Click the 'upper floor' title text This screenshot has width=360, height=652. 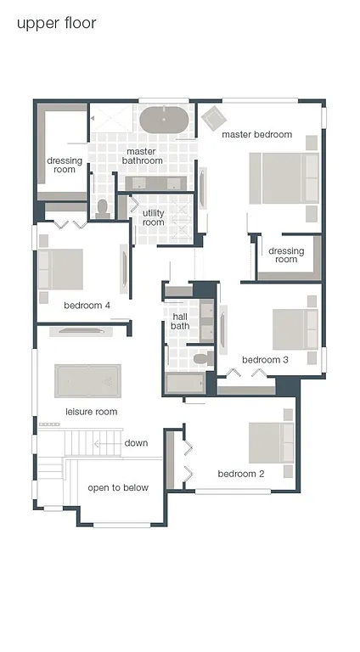[x=56, y=23]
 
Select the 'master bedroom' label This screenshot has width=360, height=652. [x=256, y=134]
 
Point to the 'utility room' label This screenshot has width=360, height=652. [x=153, y=217]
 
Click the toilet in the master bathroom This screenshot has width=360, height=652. [x=103, y=208]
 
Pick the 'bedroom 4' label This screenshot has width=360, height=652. [x=87, y=306]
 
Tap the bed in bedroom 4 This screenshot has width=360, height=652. [x=60, y=268]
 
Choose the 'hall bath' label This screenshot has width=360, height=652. [x=179, y=321]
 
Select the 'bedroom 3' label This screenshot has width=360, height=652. [x=265, y=359]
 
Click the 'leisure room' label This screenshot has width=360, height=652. [x=92, y=412]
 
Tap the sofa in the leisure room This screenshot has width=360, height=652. [x=88, y=380]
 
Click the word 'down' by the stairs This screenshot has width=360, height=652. [x=136, y=443]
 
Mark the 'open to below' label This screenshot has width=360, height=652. [x=118, y=487]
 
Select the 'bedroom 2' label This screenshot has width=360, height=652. [x=241, y=474]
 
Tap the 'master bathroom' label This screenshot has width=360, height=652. [x=142, y=156]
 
